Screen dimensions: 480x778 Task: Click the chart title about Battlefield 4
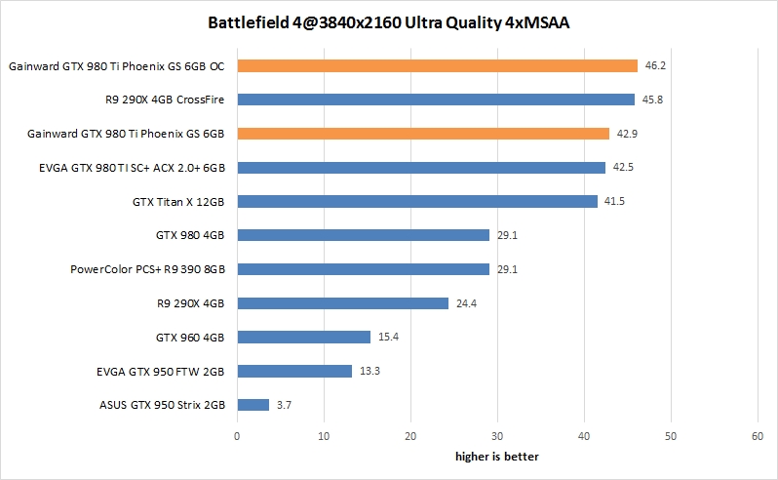pyautogui.click(x=388, y=21)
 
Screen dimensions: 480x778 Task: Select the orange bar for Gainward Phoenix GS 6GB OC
pyautogui.click(x=437, y=65)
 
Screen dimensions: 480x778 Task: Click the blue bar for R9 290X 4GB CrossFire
pyautogui.click(x=435, y=100)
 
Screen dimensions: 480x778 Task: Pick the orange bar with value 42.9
pyautogui.click(x=422, y=133)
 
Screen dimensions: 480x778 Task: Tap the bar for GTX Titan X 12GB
pyautogui.click(x=416, y=201)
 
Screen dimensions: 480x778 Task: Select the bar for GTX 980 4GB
pyautogui.click(x=363, y=235)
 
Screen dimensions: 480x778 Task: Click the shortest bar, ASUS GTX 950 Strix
pyautogui.click(x=253, y=404)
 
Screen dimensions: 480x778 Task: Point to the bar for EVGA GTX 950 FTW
pyautogui.click(x=294, y=371)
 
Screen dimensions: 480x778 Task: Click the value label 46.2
pyautogui.click(x=655, y=66)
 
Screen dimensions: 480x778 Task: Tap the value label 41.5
pyautogui.click(x=614, y=201)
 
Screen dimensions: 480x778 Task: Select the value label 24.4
pyautogui.click(x=465, y=303)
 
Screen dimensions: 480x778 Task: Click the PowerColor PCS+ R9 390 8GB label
pyautogui.click(x=148, y=269)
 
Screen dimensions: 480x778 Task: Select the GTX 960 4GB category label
pyautogui.click(x=190, y=337)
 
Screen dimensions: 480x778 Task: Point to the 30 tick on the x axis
pyautogui.click(x=497, y=437)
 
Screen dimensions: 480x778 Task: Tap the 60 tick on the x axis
pyautogui.click(x=758, y=437)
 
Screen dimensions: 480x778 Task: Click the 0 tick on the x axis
pyautogui.click(x=237, y=437)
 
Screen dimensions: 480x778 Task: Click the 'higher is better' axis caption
pyautogui.click(x=497, y=457)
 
